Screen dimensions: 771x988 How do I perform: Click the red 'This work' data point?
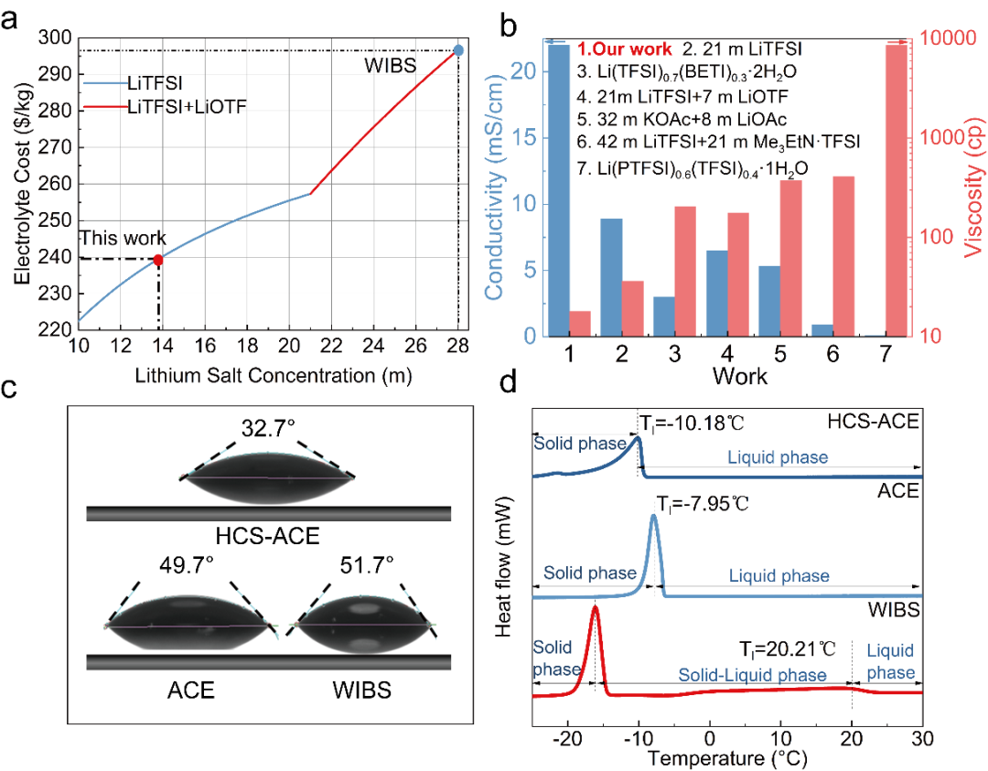pyautogui.click(x=158, y=260)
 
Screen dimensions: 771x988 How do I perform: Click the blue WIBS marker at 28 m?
pyautogui.click(x=458, y=50)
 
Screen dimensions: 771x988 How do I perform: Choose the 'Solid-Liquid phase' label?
pyautogui.click(x=752, y=675)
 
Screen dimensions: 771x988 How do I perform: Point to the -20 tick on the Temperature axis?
pyautogui.click(x=566, y=737)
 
